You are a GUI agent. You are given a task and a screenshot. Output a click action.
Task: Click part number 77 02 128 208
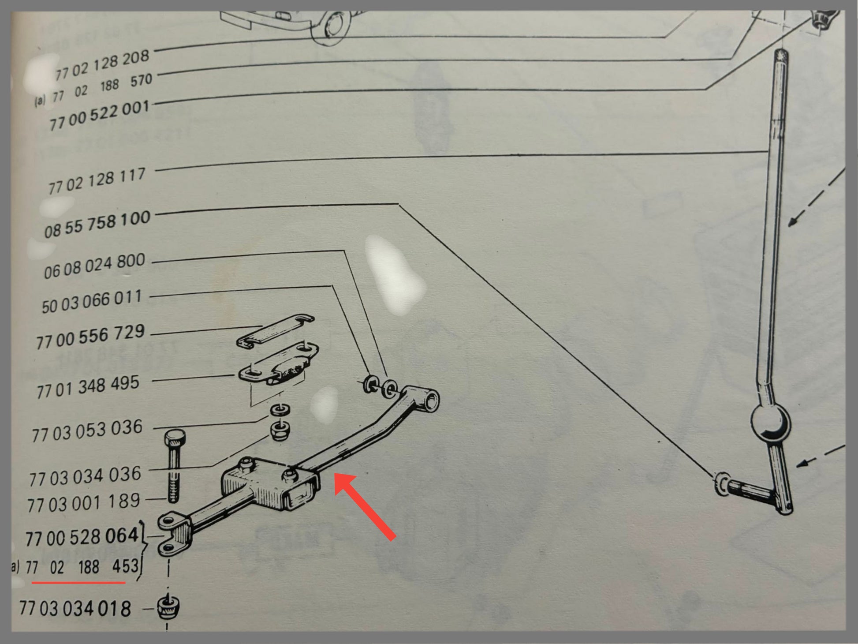click(102, 65)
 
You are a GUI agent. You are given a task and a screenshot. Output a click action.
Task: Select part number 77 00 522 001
click(100, 116)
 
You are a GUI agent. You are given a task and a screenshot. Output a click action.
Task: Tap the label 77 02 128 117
click(97, 181)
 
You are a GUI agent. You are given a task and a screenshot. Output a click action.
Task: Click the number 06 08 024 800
click(94, 266)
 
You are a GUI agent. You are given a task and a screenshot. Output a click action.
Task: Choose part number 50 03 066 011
click(92, 301)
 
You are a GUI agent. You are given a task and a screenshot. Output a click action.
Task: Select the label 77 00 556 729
click(90, 337)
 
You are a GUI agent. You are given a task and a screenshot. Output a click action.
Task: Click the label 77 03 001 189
click(84, 503)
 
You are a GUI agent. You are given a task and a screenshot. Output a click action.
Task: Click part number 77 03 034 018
click(75, 609)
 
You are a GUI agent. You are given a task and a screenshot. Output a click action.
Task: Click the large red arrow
click(365, 506)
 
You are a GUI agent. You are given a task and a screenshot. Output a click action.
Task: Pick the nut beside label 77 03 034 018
click(168, 607)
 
